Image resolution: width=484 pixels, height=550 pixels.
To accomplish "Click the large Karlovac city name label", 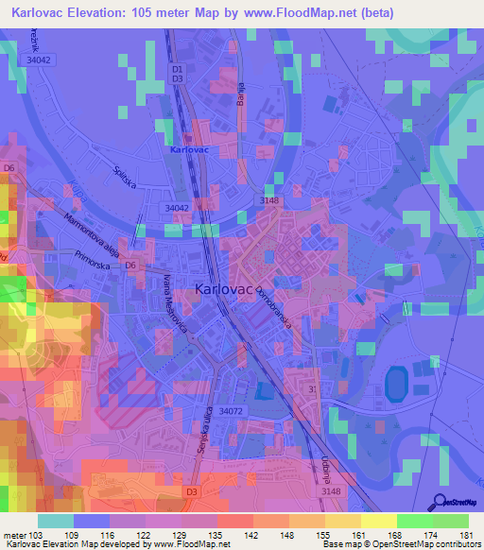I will pos(224,291).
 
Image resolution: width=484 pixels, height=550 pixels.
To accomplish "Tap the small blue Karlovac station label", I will pos(189,149).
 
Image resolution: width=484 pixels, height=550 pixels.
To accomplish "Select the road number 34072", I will pos(233,412).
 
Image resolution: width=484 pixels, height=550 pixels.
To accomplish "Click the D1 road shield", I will pos(177,68).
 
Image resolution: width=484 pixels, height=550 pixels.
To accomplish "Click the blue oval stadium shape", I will pos(395,384).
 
